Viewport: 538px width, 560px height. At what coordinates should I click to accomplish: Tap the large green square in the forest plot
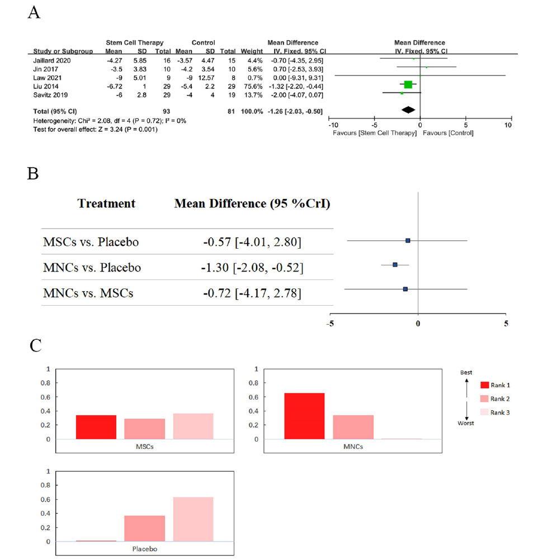(x=408, y=84)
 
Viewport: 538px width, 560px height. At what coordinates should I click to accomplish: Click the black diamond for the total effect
(x=408, y=110)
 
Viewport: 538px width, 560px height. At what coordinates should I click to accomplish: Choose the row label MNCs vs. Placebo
(x=92, y=268)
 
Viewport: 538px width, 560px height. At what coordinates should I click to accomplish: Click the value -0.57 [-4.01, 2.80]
(x=253, y=242)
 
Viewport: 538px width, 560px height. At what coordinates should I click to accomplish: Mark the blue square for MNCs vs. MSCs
(x=405, y=289)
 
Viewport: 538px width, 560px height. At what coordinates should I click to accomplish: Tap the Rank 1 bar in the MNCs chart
(x=304, y=416)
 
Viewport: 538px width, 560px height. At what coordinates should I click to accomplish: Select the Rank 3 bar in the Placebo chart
(x=194, y=519)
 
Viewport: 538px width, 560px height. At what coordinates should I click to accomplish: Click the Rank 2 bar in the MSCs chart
(x=144, y=429)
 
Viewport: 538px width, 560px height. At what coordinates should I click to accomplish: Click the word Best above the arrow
(x=466, y=372)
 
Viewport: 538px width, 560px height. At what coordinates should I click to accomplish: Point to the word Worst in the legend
(x=466, y=423)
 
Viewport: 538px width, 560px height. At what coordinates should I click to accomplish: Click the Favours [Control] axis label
(x=448, y=133)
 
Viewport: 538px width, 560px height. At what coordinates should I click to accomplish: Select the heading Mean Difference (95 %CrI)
(x=252, y=204)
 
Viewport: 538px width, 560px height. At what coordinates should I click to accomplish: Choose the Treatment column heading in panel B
(x=106, y=204)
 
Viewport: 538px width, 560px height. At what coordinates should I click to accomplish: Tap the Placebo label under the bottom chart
(x=145, y=549)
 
